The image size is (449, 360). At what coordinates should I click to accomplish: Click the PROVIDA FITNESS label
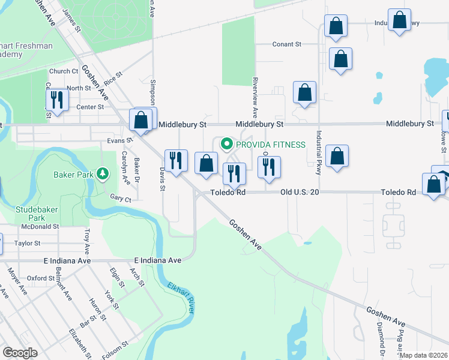pos(271,145)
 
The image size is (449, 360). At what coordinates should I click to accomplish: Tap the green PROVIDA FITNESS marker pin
pos(227,144)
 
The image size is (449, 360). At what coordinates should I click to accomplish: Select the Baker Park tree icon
pos(103,173)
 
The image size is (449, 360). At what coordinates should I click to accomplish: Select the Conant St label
pos(286,44)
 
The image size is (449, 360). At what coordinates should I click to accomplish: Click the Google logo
pos(20,353)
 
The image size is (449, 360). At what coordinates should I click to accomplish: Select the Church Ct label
pos(64,71)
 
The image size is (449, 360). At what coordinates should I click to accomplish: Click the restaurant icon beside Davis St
pos(176,160)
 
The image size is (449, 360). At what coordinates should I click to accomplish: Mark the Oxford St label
pos(41,278)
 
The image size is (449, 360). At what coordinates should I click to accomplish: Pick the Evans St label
pos(119,140)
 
